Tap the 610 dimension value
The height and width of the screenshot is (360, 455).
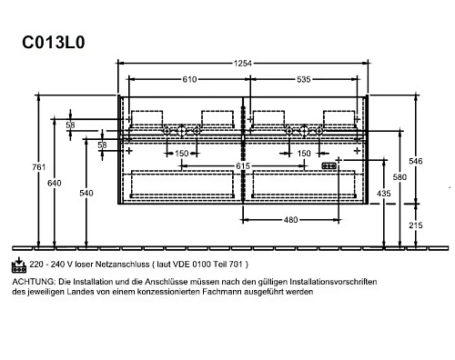click(187, 80)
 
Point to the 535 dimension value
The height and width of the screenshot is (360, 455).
click(304, 80)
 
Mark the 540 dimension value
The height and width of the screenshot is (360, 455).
click(86, 193)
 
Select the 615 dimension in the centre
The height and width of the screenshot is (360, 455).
click(243, 167)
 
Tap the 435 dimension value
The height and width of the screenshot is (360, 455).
click(384, 194)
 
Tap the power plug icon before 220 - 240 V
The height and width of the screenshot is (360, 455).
click(18, 263)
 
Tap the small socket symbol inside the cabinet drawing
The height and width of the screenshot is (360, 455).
click(329, 166)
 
